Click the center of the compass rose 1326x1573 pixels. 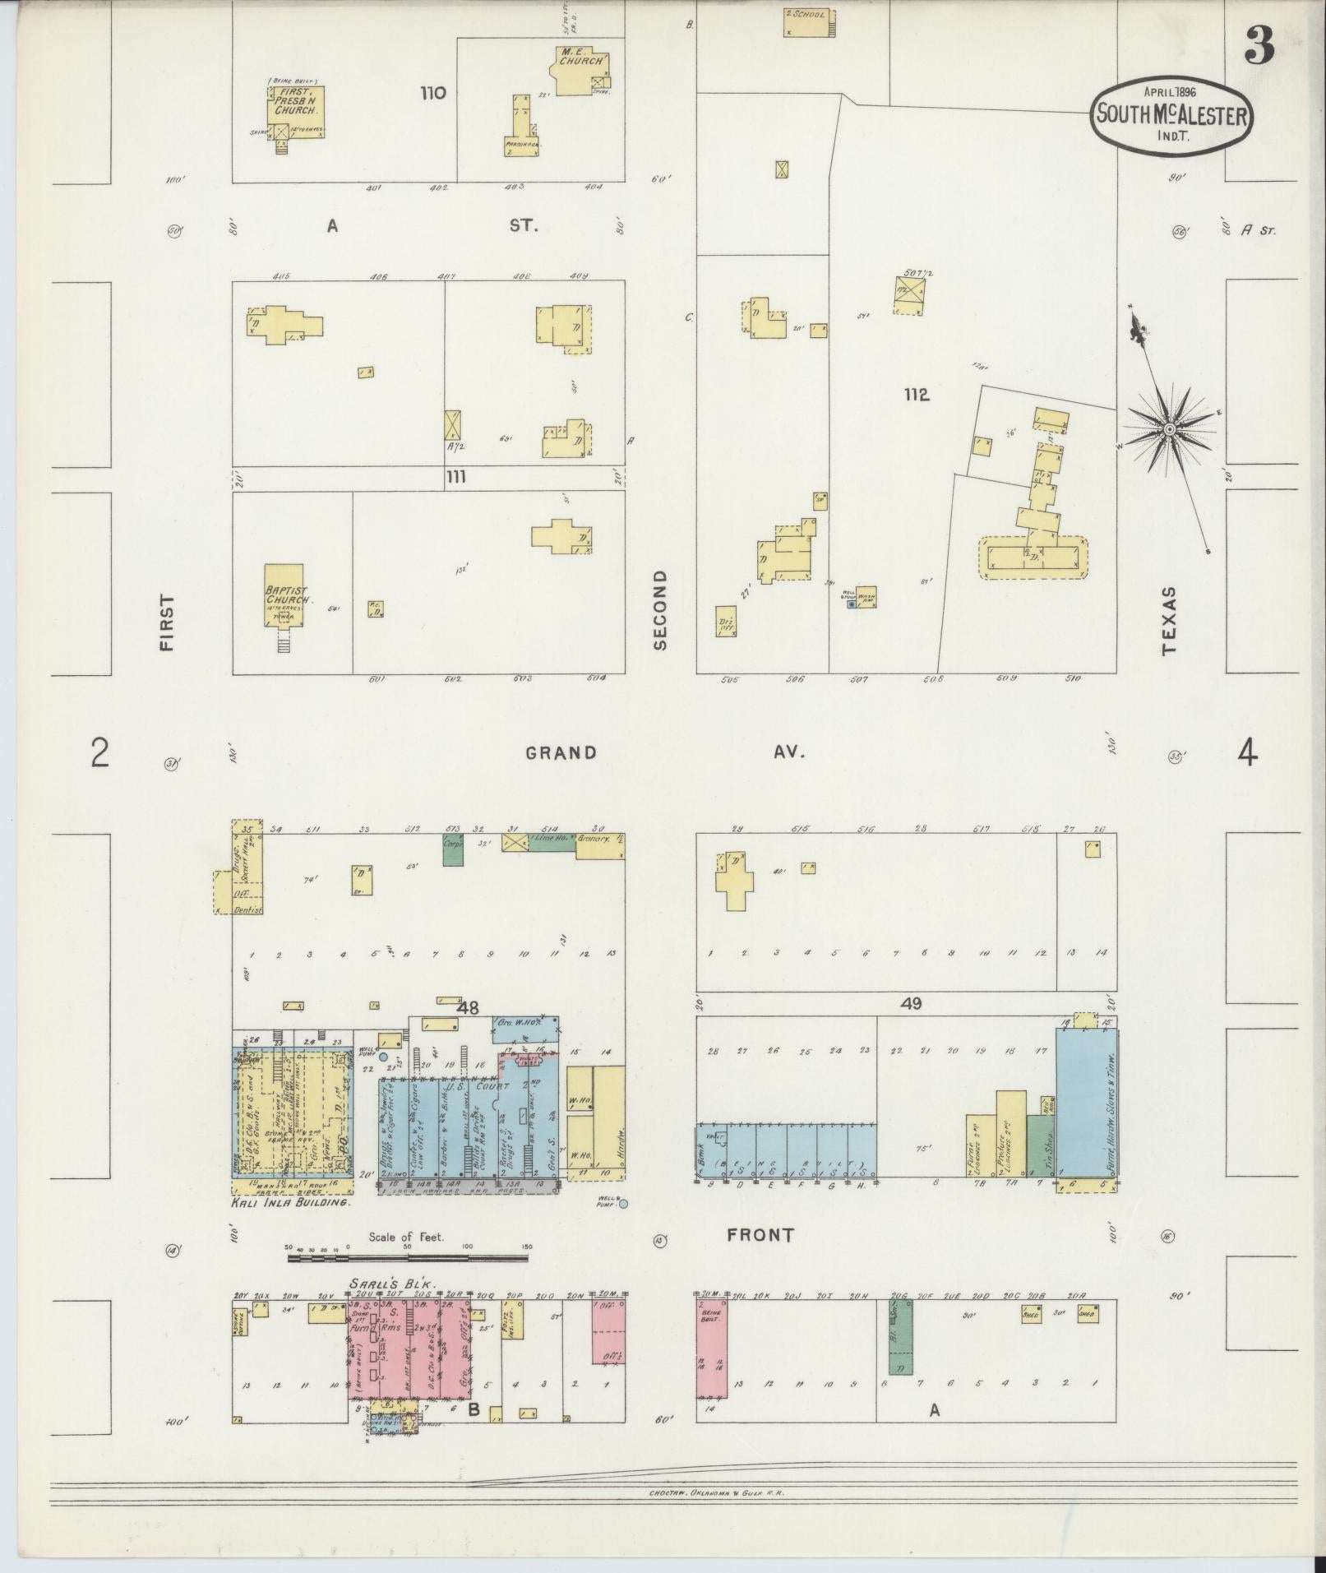coord(1169,430)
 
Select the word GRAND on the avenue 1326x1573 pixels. coord(561,752)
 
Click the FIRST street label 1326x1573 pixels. coord(168,623)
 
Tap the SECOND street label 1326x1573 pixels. coord(659,610)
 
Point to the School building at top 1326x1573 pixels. coord(809,22)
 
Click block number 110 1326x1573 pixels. coord(432,93)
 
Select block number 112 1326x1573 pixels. coord(916,395)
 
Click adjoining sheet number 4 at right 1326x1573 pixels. coord(1247,752)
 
